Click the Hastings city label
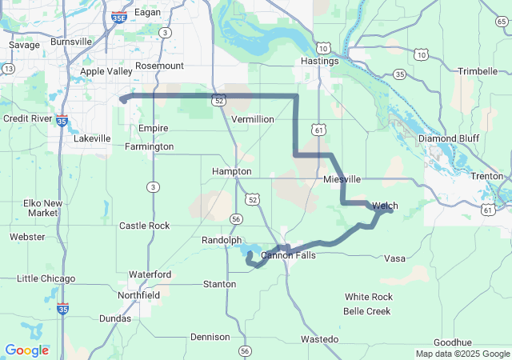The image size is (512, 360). [319, 61]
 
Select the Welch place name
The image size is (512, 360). [385, 206]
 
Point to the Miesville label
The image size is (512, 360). [342, 179]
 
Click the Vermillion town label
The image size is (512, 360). [252, 118]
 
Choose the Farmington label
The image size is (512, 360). [150, 146]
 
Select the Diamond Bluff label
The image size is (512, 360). [449, 138]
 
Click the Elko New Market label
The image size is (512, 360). [41, 208]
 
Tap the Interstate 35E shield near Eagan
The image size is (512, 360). [118, 16]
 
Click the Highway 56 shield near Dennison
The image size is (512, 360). [245, 350]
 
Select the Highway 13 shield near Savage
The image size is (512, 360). [8, 70]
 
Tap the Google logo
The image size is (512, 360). [26, 350]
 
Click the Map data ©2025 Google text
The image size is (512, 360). [462, 354]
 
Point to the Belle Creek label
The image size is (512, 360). [367, 310]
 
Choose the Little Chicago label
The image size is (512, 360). [46, 278]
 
